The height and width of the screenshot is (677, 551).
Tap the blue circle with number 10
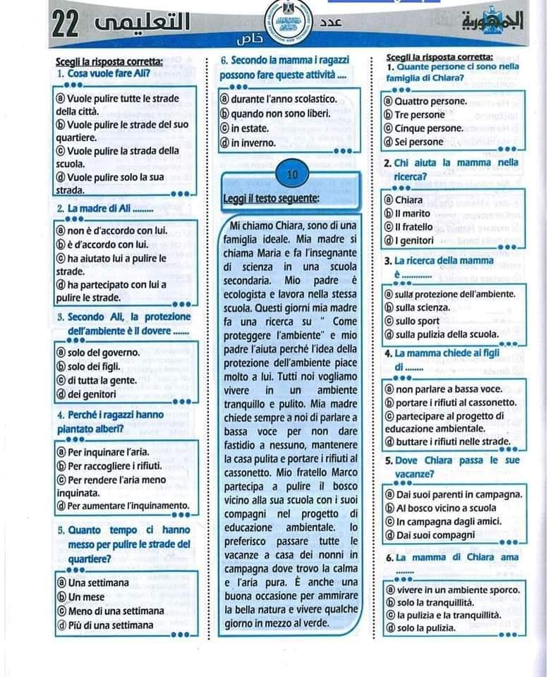293,174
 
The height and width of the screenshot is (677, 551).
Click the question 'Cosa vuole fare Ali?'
103,73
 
